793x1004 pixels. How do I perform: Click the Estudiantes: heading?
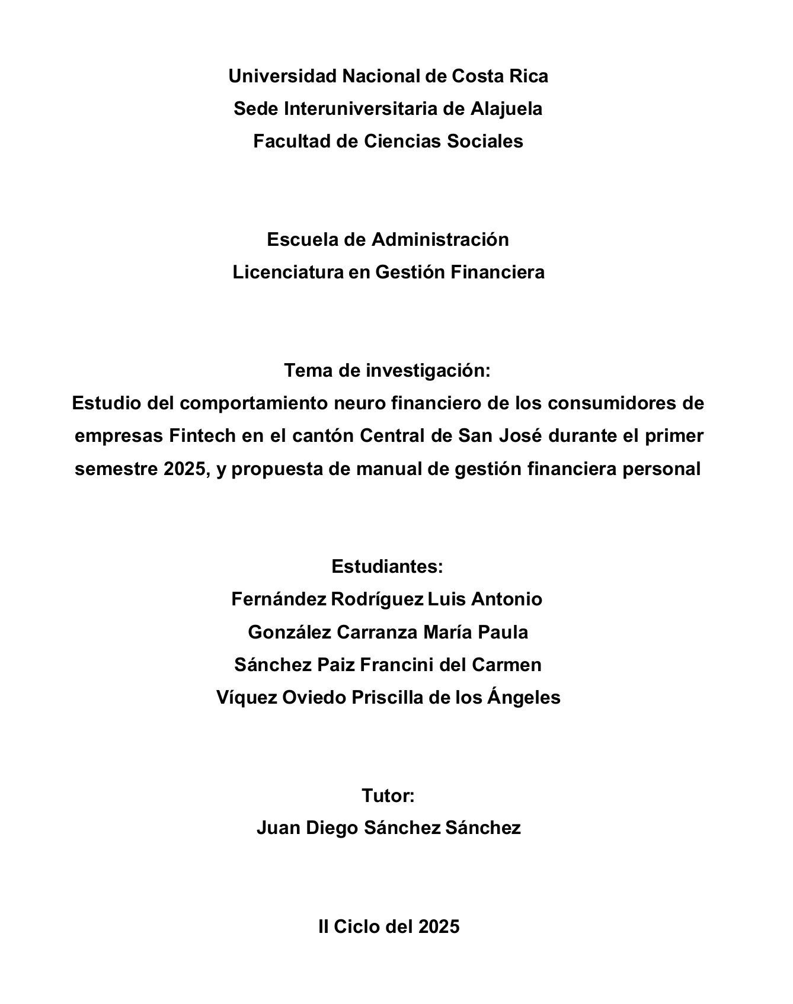point(388,567)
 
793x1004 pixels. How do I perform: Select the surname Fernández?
point(278,599)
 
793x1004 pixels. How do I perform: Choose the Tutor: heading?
point(388,795)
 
